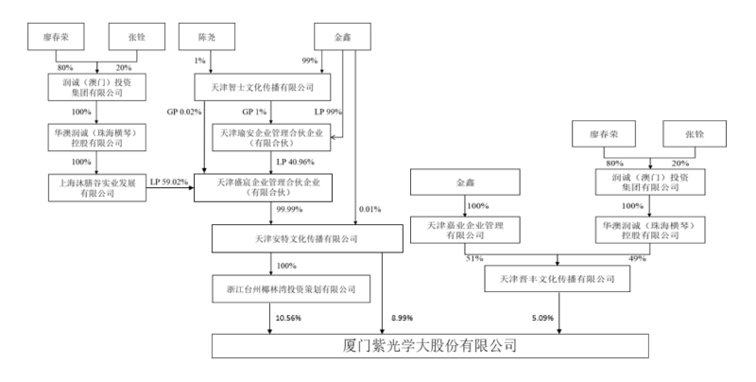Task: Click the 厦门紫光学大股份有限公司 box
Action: [x=430, y=345]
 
